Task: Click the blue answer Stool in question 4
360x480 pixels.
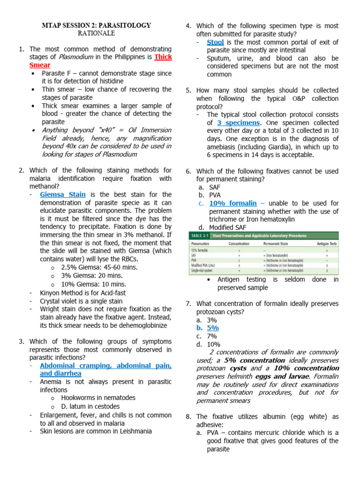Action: point(215,42)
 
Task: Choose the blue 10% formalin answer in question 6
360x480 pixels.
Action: point(233,203)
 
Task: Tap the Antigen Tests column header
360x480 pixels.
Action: point(325,243)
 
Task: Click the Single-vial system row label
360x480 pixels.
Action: point(204,270)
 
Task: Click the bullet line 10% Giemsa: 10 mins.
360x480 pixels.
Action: point(94,284)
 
